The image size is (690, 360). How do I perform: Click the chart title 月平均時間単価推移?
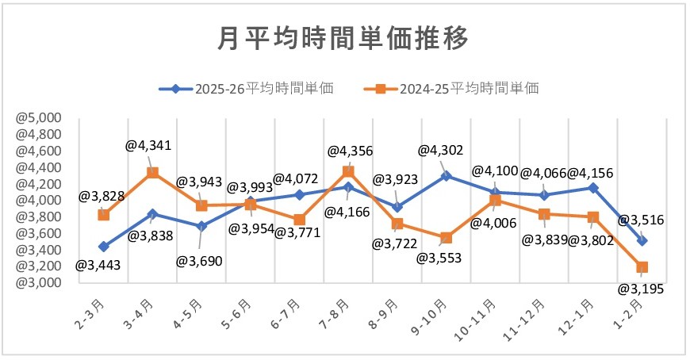[x=343, y=38]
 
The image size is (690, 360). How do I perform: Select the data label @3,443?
[x=98, y=265]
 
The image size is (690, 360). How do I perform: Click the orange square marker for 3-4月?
[x=153, y=173]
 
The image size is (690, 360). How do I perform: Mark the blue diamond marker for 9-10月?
[x=447, y=176]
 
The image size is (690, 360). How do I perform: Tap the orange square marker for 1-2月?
[x=642, y=267]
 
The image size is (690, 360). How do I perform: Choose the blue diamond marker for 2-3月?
[x=104, y=247]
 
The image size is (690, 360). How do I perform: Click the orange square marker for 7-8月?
[x=348, y=171]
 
